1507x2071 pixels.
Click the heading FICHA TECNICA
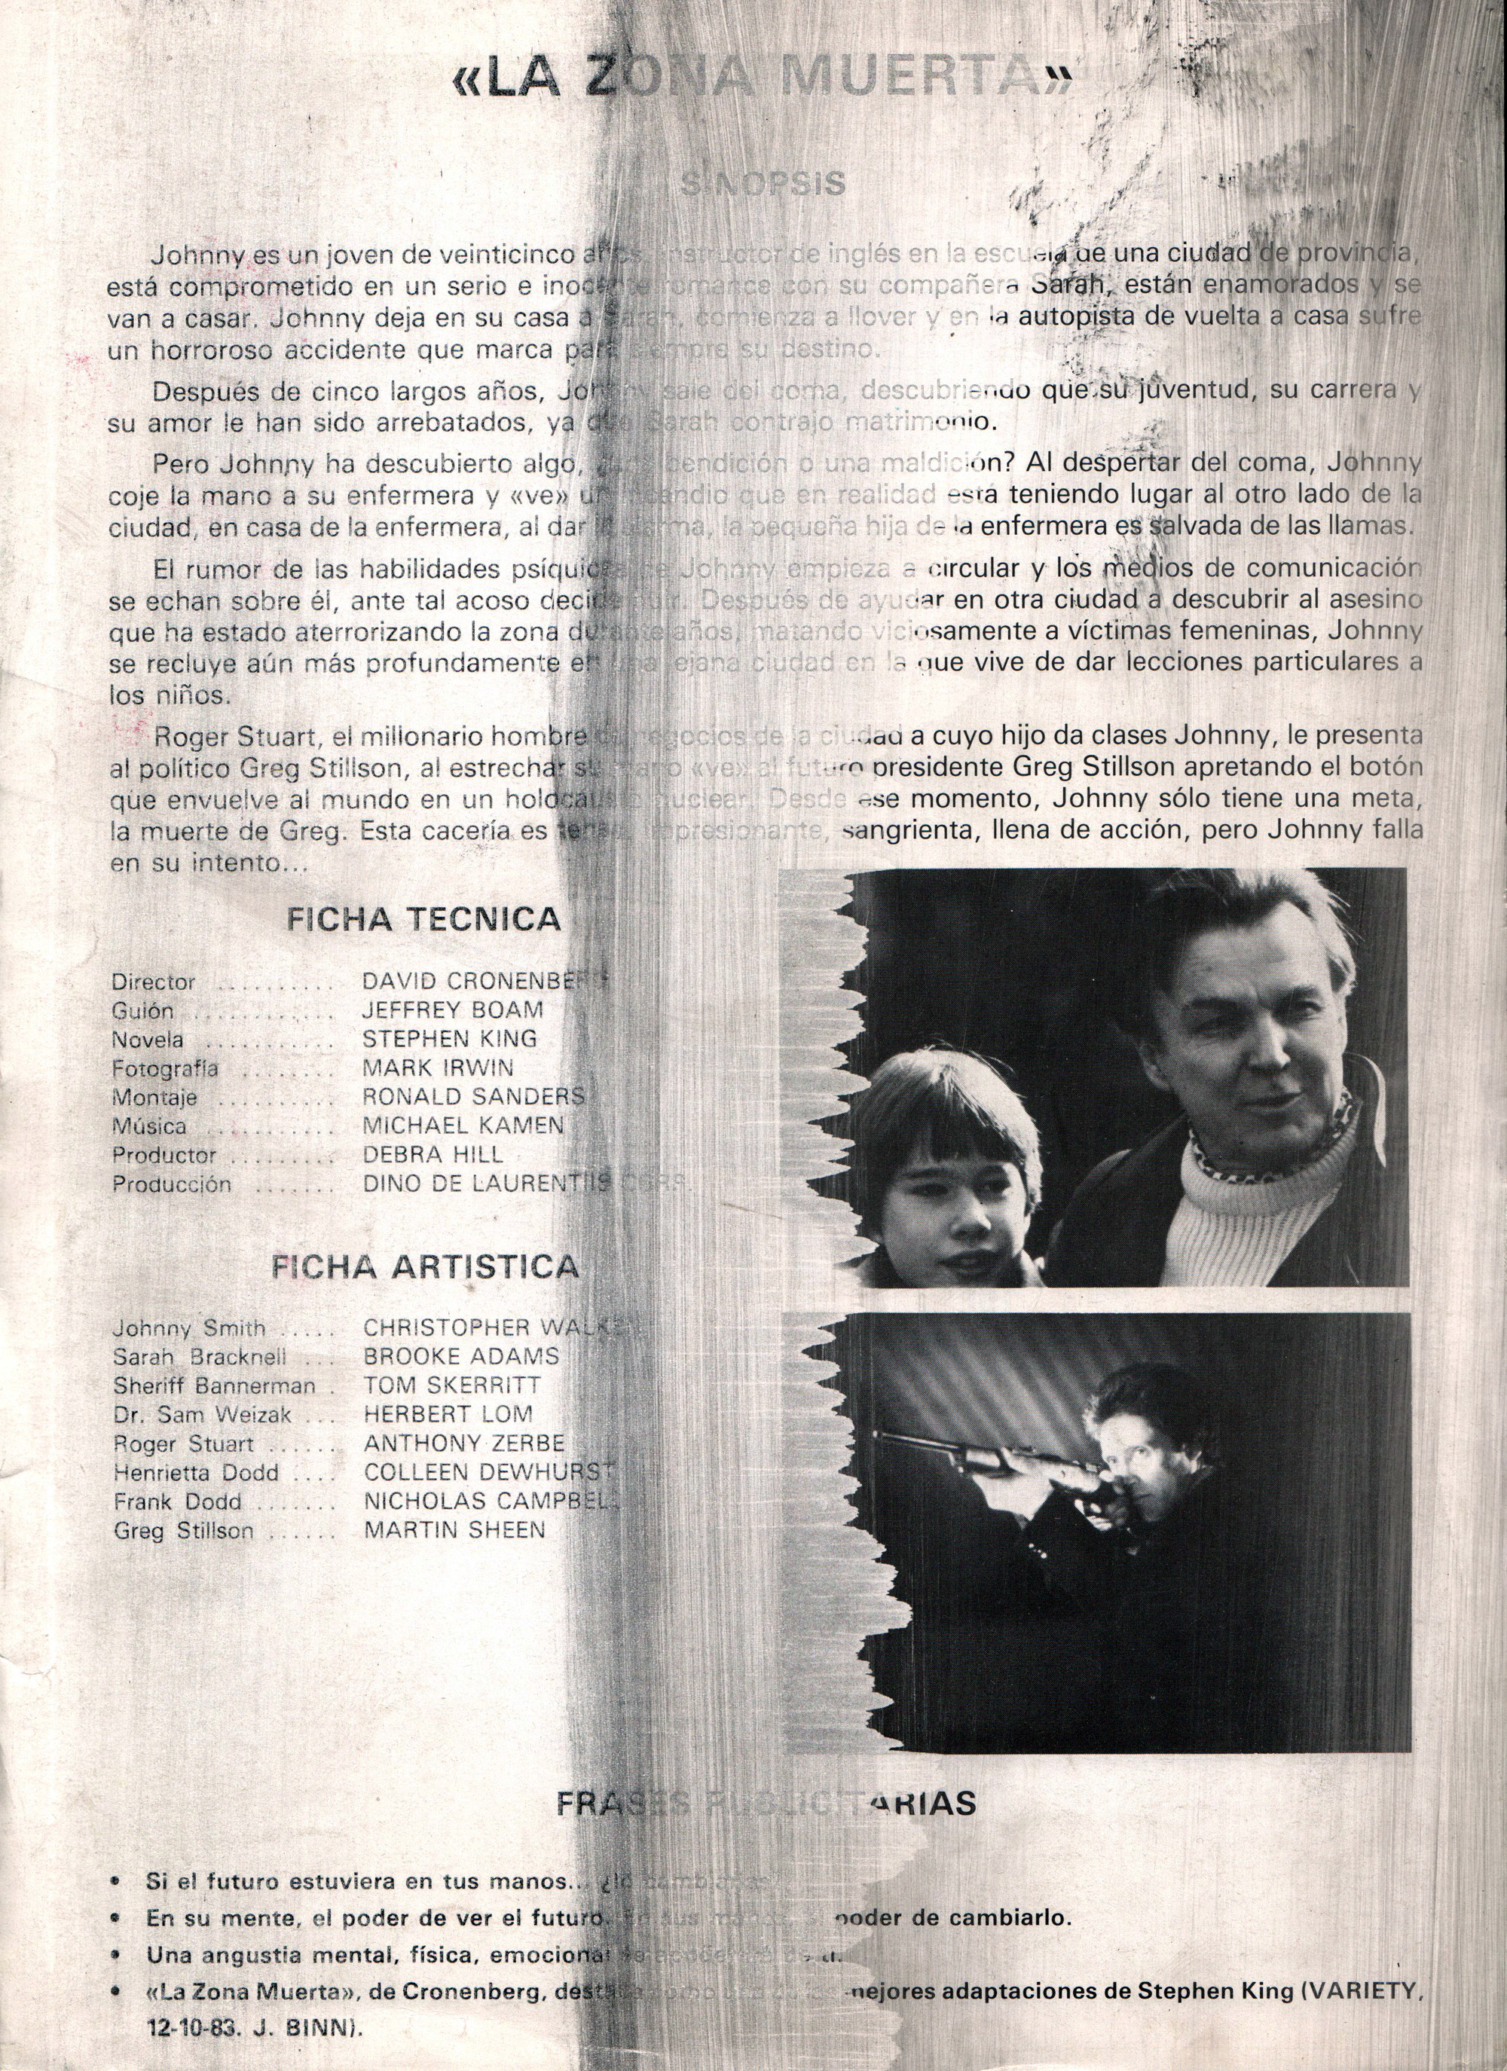click(x=423, y=918)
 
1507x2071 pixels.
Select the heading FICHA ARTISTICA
click(x=426, y=1266)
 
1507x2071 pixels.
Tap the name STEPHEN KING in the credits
click(x=449, y=1038)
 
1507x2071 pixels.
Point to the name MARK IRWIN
click(x=438, y=1068)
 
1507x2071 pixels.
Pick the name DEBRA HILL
click(x=433, y=1154)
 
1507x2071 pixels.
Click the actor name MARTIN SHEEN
click(x=454, y=1529)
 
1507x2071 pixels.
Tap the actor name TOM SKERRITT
click(x=452, y=1385)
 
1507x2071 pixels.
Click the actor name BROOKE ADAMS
click(x=461, y=1356)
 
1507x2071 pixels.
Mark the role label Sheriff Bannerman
click(x=214, y=1386)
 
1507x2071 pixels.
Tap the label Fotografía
click(x=164, y=1068)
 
